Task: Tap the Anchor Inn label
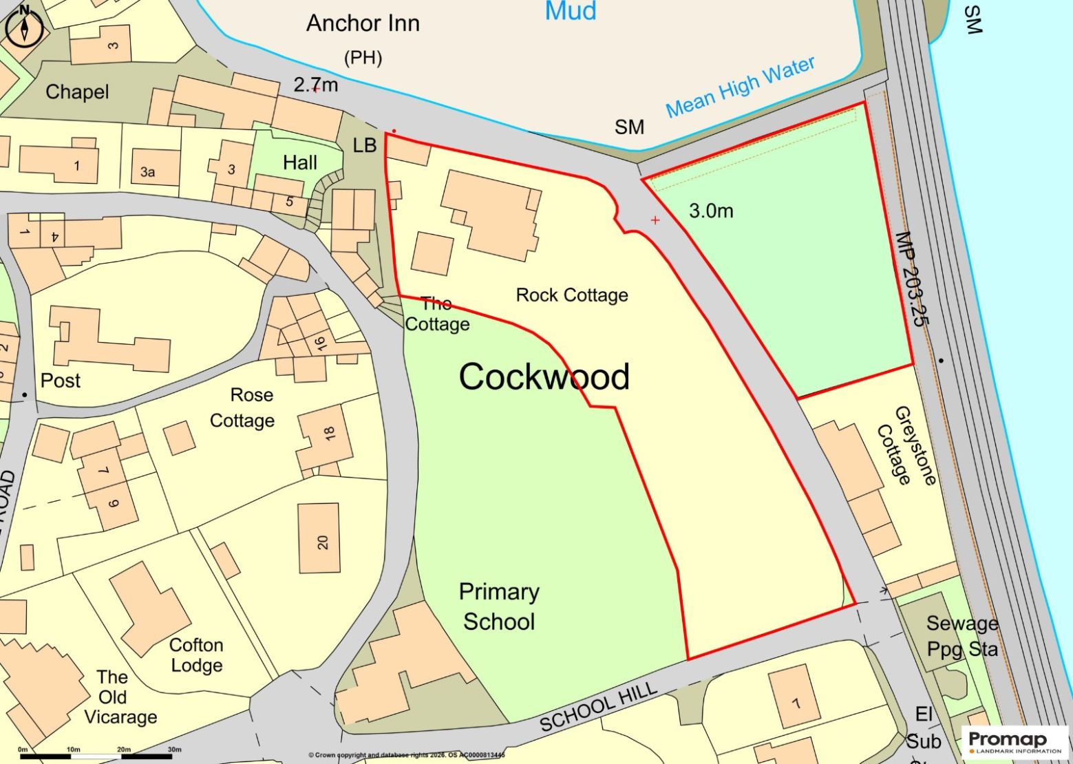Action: [x=363, y=24]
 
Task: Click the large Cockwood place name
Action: [x=544, y=376]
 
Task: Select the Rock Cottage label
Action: [x=572, y=295]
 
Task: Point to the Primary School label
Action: [x=499, y=606]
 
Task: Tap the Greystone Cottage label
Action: [x=906, y=445]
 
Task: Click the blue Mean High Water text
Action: [x=740, y=87]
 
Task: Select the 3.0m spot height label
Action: [x=711, y=211]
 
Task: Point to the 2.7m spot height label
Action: [x=316, y=85]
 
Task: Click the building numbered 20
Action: [x=319, y=538]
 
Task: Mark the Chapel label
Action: [x=77, y=92]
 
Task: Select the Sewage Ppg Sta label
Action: [x=962, y=636]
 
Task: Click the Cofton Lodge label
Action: [x=196, y=655]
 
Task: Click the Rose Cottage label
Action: [x=243, y=407]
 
